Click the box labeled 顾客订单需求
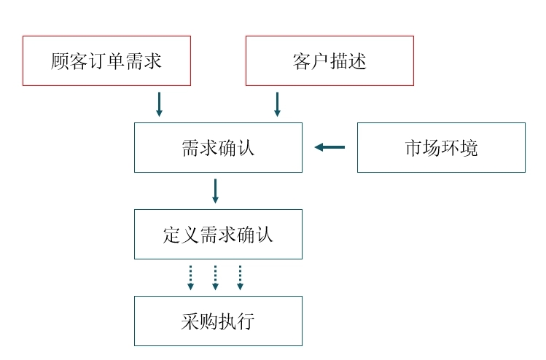(106, 60)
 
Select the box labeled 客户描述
(329, 60)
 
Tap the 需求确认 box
(218, 147)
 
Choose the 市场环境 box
(441, 147)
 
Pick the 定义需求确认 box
(218, 234)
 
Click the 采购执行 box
(218, 321)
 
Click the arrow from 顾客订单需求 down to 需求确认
(159, 103)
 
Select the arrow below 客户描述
(277, 103)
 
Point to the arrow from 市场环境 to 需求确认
(329, 147)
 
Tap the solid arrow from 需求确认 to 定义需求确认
(215, 190)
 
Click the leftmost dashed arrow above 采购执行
(190, 277)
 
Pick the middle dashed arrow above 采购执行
(215, 277)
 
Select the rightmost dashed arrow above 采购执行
(240, 277)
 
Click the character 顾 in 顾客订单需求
(61, 61)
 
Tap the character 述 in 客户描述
(357, 61)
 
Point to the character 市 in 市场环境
(413, 148)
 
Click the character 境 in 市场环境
(469, 148)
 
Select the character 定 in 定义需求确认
(172, 235)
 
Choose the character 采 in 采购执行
(190, 321)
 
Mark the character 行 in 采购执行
(246, 321)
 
